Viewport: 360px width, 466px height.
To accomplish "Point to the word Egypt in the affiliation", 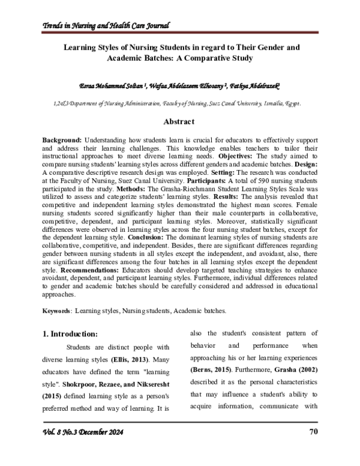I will [290, 103].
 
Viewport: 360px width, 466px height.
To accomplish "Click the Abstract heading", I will [180, 123].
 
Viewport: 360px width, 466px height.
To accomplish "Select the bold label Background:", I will [64, 139].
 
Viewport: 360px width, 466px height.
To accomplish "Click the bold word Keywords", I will [59, 311].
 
